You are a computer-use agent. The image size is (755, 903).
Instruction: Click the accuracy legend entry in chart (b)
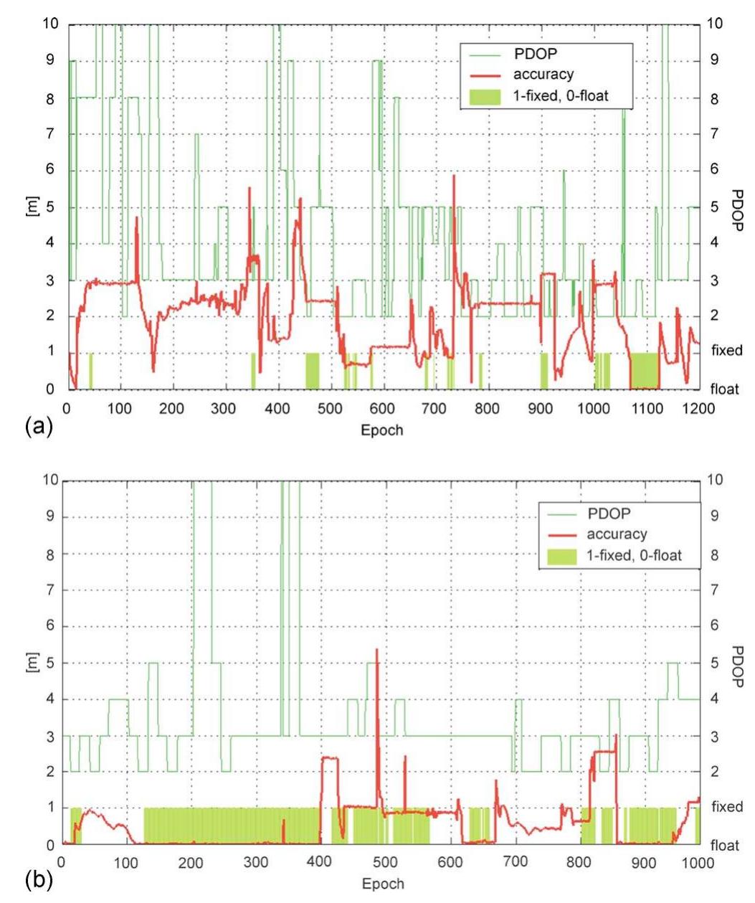[617, 534]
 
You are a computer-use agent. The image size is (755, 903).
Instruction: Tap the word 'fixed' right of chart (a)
[726, 351]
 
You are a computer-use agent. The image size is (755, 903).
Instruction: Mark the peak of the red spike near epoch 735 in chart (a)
[454, 176]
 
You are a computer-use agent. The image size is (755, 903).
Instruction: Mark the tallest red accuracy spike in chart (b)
[376, 650]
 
